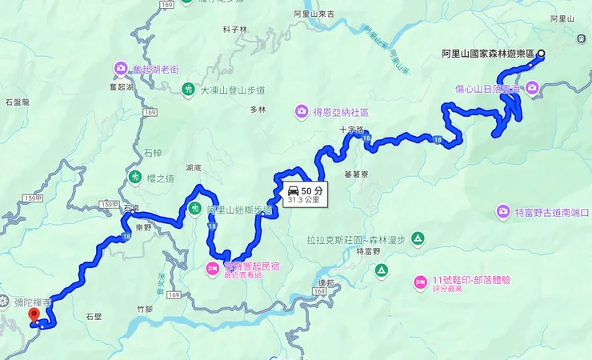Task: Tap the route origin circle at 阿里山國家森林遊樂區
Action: pyautogui.click(x=541, y=54)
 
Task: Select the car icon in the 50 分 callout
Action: pyautogui.click(x=294, y=191)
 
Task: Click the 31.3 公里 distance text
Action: pyautogui.click(x=303, y=201)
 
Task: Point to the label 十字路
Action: pyautogui.click(x=351, y=128)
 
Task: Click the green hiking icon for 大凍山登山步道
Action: pyautogui.click(x=188, y=89)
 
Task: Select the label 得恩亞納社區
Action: pyautogui.click(x=339, y=110)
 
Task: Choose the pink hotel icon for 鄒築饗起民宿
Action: pyautogui.click(x=213, y=266)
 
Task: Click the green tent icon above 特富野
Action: pyautogui.click(x=419, y=238)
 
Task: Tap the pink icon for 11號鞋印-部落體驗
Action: pyautogui.click(x=419, y=281)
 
